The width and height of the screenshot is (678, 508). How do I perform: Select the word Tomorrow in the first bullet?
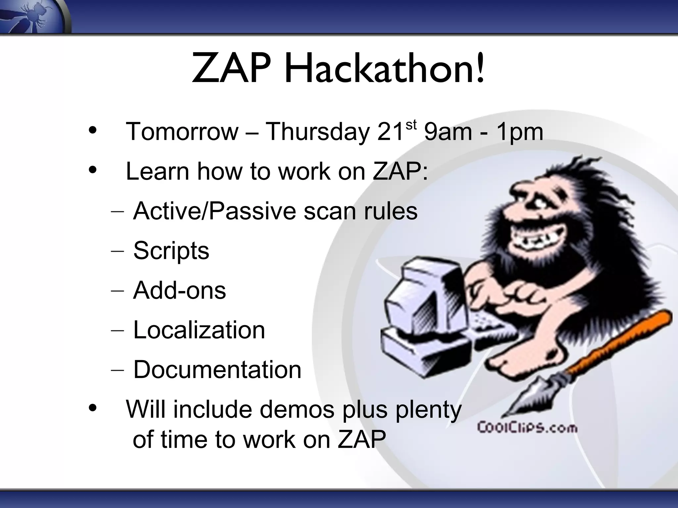point(182,132)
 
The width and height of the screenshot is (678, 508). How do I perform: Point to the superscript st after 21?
point(411,125)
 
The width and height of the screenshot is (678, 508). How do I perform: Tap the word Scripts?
point(171,251)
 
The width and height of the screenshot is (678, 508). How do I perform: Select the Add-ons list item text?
point(179,290)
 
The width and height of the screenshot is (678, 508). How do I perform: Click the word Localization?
point(199,330)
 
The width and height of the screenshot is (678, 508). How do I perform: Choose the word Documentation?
point(217,370)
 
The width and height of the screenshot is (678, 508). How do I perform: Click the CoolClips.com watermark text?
point(527,428)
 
